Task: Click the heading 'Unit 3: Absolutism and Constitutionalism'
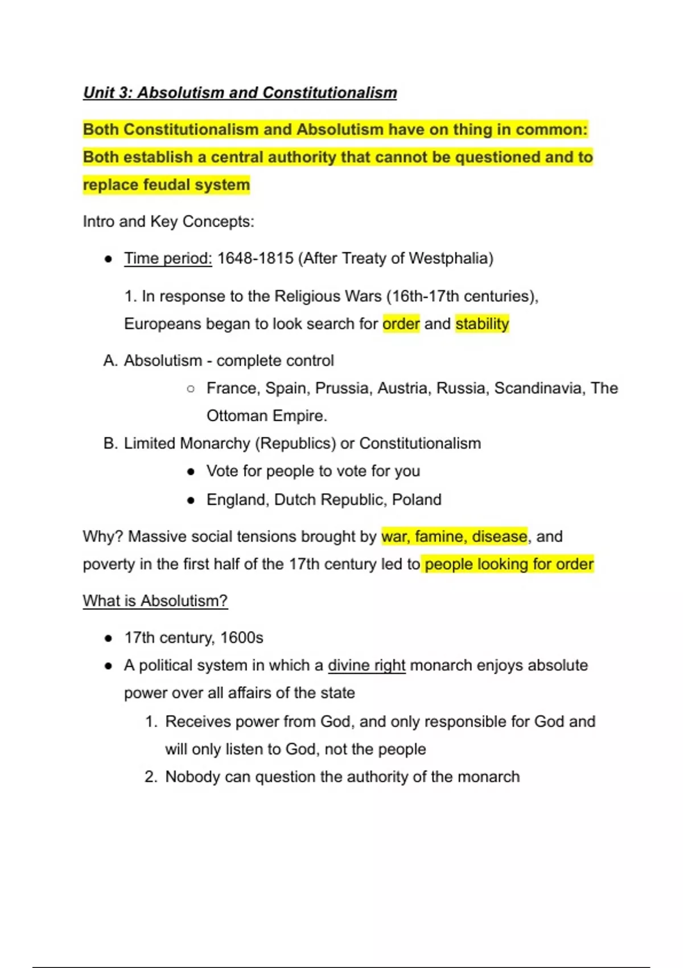(x=240, y=93)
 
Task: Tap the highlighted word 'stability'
(x=482, y=324)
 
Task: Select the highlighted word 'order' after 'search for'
(x=401, y=324)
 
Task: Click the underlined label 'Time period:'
(x=168, y=259)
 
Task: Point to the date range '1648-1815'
(x=256, y=259)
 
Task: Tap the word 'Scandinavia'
(x=539, y=388)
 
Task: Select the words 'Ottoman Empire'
(x=266, y=416)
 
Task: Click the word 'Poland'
(x=417, y=500)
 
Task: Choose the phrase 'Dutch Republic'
(x=329, y=500)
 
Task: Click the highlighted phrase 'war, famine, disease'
(x=454, y=536)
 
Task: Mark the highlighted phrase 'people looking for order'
(x=509, y=564)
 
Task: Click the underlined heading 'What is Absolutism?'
(x=155, y=601)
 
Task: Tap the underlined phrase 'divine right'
(x=367, y=666)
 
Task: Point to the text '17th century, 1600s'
(x=194, y=638)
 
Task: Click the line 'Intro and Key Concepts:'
(x=168, y=222)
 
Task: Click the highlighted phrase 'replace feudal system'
(x=166, y=185)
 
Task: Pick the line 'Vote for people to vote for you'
(x=313, y=471)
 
